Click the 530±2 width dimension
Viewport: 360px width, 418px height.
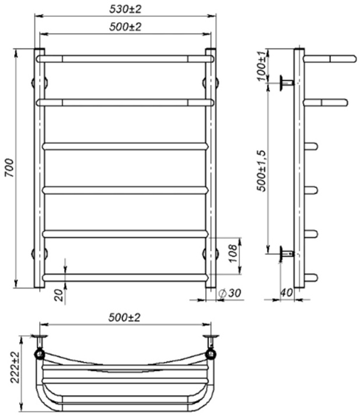point(125,10)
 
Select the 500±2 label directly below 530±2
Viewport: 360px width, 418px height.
point(125,26)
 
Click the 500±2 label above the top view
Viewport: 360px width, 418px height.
point(125,317)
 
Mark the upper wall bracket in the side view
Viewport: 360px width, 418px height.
point(286,81)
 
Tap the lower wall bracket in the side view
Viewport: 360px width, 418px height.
point(286,253)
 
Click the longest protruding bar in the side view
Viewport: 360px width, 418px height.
point(330,58)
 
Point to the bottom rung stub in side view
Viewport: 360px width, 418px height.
point(311,277)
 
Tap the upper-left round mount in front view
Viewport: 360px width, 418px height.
point(34,82)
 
